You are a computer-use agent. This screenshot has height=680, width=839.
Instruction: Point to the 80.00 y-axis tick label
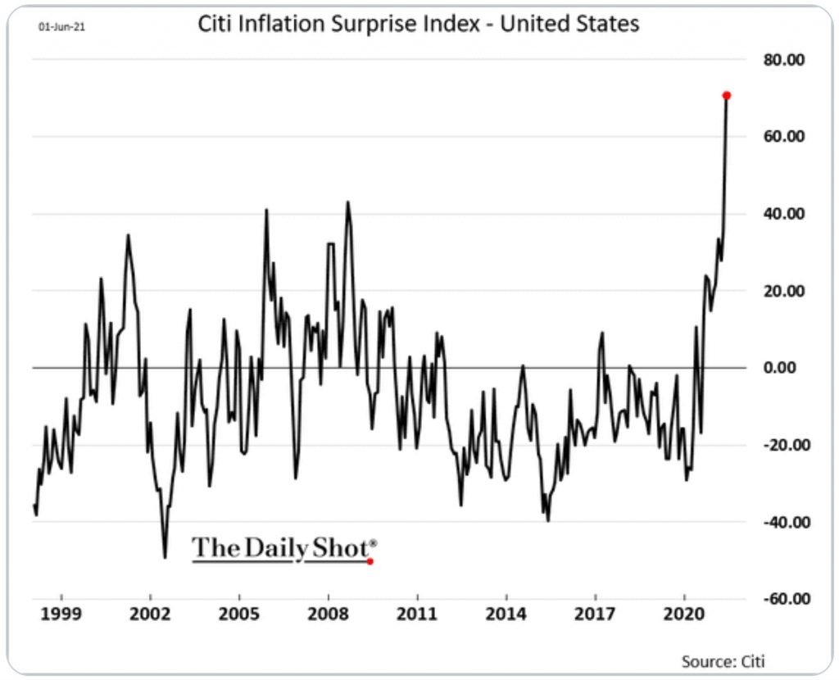[785, 60]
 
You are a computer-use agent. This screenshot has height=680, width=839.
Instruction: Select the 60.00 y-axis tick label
[785, 136]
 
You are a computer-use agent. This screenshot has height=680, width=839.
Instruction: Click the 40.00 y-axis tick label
[785, 214]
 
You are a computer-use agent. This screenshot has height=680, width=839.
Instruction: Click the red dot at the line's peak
[727, 96]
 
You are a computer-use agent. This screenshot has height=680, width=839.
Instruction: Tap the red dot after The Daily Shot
[370, 561]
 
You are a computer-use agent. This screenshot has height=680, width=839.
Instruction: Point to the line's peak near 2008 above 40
[347, 202]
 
